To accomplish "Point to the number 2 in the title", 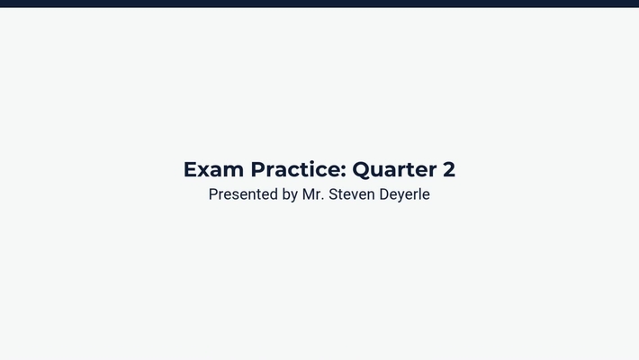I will tap(448, 169).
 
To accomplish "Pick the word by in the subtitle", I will tap(290, 195).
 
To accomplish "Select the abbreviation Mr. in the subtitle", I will tap(312, 194).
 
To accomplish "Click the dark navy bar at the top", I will tap(319, 3).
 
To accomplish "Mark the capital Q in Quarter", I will tap(361, 169).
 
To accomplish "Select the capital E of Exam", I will tap(190, 169).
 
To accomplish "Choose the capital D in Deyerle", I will tap(386, 194).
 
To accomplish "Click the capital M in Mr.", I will tap(309, 194).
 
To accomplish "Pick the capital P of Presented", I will tap(213, 194).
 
